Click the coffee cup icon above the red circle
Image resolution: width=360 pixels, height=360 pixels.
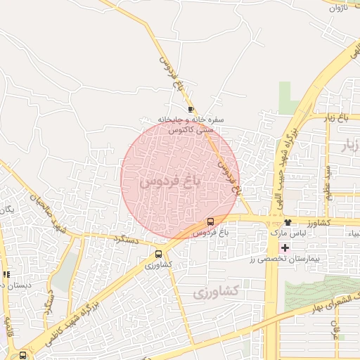(191, 110)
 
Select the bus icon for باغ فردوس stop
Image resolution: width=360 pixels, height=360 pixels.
(210, 222)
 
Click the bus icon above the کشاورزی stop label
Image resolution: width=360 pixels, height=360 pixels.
(158, 254)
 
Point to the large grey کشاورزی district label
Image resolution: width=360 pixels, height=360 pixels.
(216, 290)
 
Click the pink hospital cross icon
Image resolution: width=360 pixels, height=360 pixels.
(284, 247)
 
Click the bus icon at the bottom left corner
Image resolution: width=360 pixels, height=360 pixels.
(23, 355)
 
